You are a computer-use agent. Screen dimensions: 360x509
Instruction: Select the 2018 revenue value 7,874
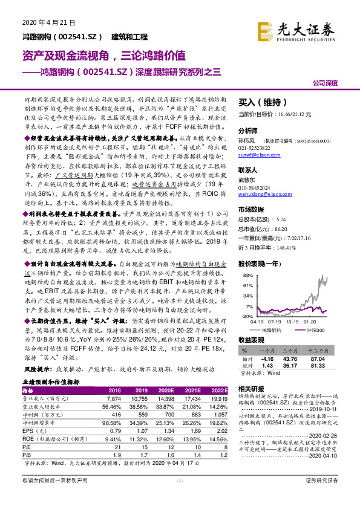coord(114,399)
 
